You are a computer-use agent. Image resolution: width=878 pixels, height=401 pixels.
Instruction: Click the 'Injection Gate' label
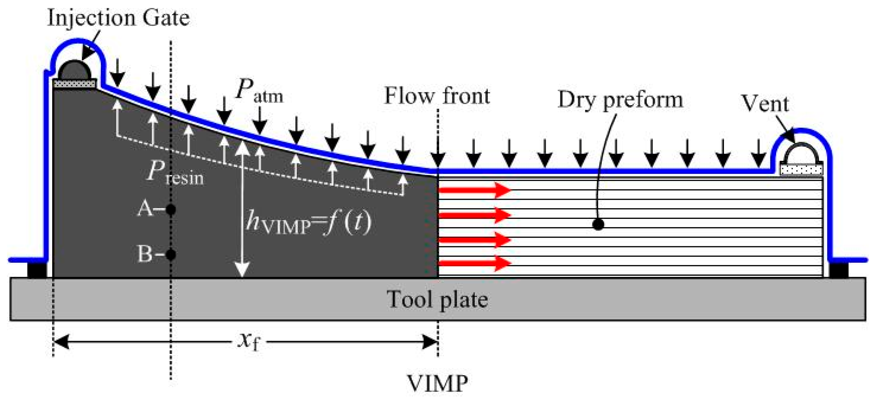click(x=118, y=18)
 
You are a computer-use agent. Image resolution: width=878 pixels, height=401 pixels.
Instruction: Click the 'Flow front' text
click(x=437, y=96)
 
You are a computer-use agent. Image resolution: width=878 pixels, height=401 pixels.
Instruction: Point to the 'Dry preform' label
click(x=620, y=100)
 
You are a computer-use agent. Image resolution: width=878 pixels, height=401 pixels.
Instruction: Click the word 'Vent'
click(x=765, y=103)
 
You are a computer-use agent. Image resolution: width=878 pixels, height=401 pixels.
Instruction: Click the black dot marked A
click(x=171, y=210)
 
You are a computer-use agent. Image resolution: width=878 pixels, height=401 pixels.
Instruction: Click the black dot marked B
click(x=171, y=254)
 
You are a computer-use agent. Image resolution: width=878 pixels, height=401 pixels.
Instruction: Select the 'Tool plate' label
click(x=437, y=300)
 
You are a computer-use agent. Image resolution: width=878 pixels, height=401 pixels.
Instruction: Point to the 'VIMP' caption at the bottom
click(x=437, y=384)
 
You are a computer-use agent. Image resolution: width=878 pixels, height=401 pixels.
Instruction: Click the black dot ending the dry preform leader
click(x=598, y=224)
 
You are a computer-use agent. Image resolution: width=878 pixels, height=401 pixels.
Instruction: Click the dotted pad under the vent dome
click(x=801, y=169)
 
